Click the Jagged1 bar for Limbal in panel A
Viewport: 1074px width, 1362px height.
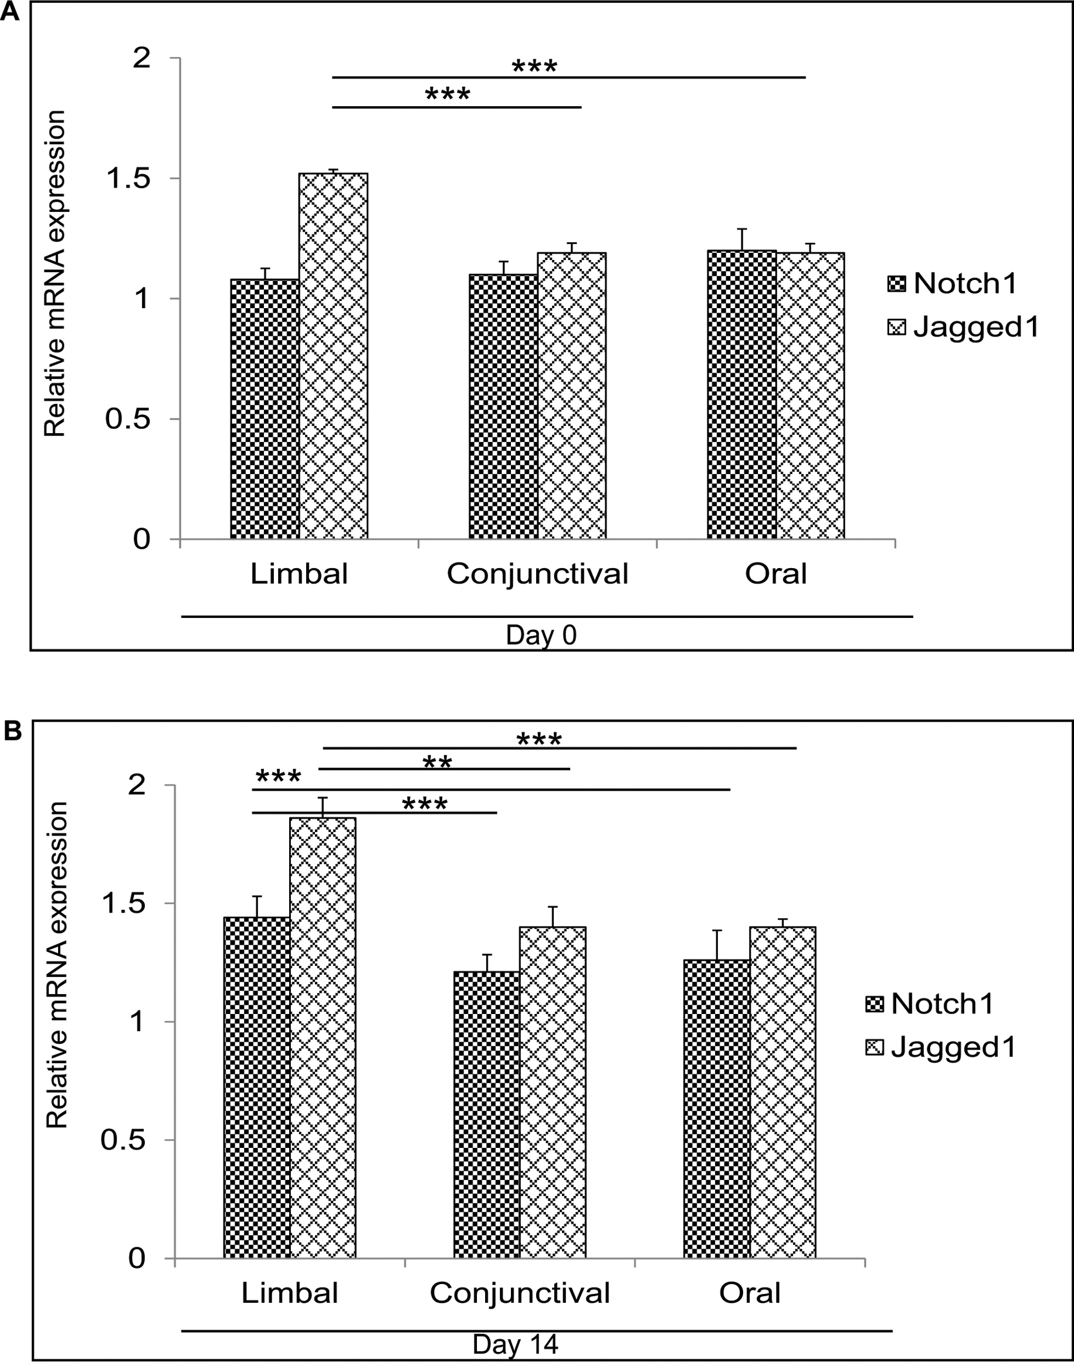(333, 356)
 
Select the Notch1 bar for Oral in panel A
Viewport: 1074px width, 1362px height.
(741, 394)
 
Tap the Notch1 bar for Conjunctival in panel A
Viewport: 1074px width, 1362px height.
(503, 407)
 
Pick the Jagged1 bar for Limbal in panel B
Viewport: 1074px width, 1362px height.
(323, 1038)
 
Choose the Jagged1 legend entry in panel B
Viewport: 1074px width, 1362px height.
(941, 1047)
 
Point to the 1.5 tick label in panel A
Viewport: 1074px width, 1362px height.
(129, 178)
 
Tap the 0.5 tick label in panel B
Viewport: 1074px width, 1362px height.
(124, 1140)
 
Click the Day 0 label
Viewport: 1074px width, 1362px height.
(541, 636)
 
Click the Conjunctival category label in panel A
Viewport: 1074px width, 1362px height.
(538, 574)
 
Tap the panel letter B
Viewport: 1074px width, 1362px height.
(12, 731)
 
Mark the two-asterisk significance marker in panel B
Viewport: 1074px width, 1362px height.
(437, 762)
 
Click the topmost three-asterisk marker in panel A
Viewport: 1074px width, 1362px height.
(534, 66)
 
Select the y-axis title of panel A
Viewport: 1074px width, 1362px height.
(55, 273)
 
